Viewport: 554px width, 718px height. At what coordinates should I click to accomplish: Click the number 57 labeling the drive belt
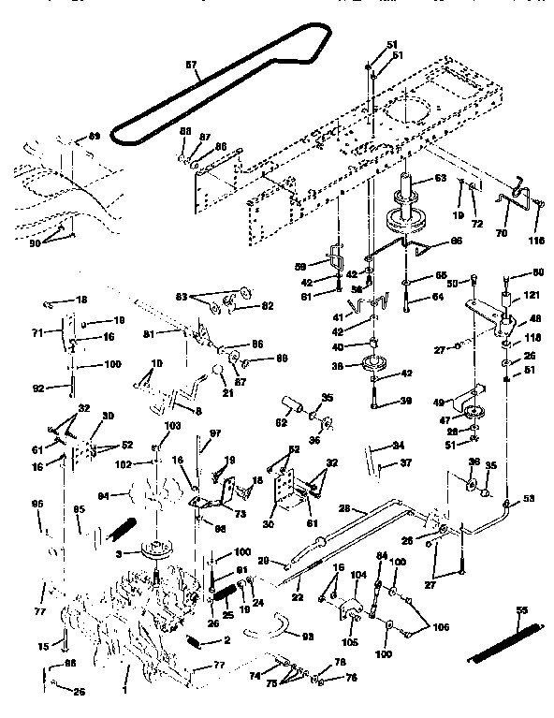click(x=191, y=65)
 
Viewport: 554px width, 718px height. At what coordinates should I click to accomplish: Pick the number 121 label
click(x=532, y=295)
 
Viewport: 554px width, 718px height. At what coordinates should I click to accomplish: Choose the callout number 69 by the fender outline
click(x=94, y=137)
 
